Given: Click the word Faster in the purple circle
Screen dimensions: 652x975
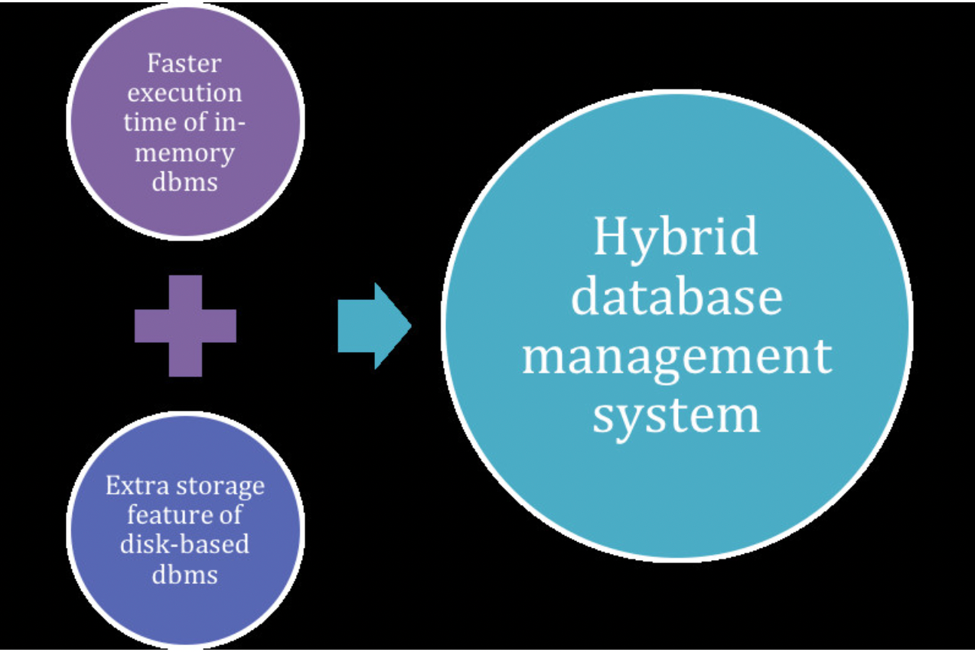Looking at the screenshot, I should [184, 64].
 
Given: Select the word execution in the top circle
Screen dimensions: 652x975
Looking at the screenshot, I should [184, 94].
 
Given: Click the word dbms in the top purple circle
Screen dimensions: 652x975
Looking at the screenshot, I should [184, 183].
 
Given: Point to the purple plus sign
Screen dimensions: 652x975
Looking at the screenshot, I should [185, 326].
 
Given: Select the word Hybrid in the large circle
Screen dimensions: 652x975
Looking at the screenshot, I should [676, 237].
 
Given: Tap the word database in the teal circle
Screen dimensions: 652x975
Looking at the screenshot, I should [677, 296].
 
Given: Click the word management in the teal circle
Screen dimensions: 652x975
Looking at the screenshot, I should [677, 357].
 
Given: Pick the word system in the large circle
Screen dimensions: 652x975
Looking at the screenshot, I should [677, 414].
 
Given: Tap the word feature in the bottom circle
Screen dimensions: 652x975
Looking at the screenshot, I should [171, 515].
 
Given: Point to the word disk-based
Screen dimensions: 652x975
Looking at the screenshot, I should [184, 545].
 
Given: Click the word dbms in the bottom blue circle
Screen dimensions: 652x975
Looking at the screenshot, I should [184, 574].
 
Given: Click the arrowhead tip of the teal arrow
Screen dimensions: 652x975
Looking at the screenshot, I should [409, 326].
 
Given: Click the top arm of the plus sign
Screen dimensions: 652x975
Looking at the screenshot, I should [185, 292].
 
